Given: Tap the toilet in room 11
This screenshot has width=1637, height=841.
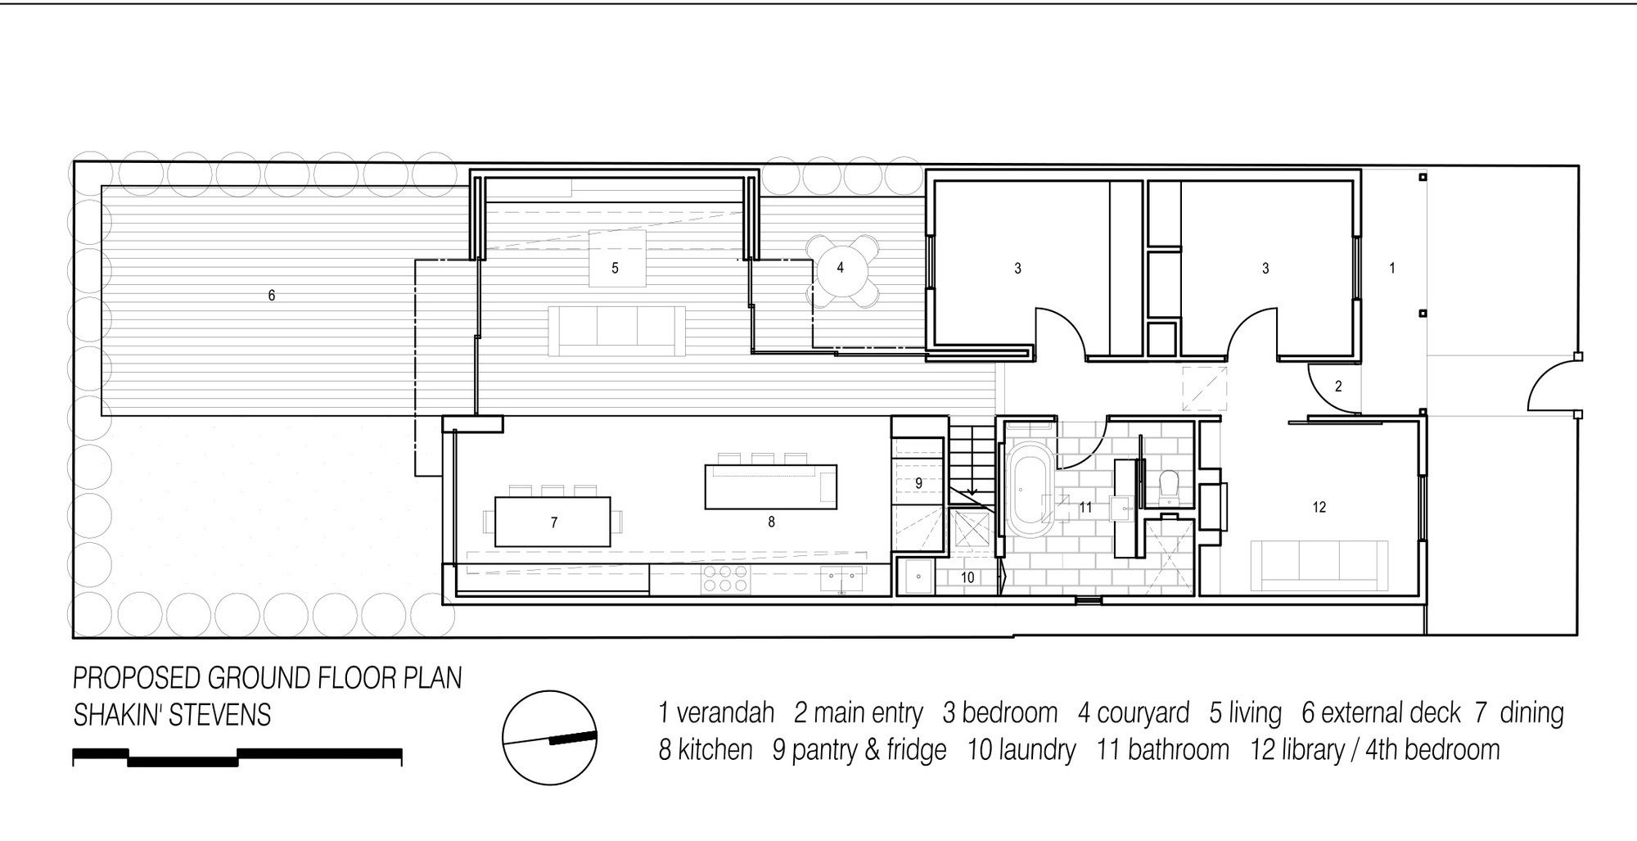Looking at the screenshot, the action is pos(1169,486).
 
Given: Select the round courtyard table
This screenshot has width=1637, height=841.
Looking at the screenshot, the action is pos(840,269).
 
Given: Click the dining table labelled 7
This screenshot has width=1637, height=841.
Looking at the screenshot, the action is pos(552,522).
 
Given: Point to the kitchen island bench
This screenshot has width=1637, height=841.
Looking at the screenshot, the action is pos(771,486).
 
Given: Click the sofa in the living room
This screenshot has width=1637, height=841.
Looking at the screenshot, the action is pos(616,331).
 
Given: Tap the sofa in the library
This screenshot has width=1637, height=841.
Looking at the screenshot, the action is pos(1319,565).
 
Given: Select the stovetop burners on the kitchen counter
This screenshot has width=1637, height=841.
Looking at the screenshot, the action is pos(725,579).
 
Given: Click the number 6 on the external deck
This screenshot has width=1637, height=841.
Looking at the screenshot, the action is pos(272,295).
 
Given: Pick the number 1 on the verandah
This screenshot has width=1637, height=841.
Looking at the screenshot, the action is pos(1392,268).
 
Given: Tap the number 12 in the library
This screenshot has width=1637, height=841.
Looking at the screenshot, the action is pos(1319,508).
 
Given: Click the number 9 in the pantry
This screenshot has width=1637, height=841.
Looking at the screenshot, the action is pos(918,483).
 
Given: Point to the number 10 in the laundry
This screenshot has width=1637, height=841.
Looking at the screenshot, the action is pos(967,577).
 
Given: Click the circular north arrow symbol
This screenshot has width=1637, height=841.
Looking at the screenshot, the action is pos(549,737).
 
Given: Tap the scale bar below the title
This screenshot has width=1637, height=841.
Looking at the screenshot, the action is pos(237,757).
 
